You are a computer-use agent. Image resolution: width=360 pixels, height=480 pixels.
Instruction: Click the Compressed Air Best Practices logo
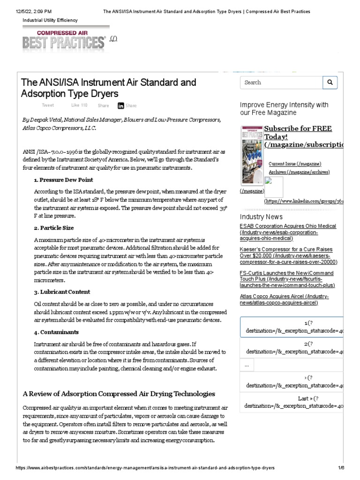point(64,40)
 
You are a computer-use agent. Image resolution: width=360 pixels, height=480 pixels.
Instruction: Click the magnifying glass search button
point(330,82)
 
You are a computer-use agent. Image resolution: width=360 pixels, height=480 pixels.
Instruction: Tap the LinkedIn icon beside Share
point(121,106)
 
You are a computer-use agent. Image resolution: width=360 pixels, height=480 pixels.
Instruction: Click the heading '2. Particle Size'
point(54,228)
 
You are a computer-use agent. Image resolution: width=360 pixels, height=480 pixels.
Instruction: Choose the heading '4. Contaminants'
point(56,332)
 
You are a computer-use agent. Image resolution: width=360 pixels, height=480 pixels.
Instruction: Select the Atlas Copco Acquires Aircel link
point(284,300)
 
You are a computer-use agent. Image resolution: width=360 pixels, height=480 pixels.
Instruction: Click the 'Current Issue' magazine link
point(295,164)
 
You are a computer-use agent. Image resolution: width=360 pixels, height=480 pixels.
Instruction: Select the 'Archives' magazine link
point(299,172)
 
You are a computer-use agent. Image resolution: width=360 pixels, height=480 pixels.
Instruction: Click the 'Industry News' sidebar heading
point(261,217)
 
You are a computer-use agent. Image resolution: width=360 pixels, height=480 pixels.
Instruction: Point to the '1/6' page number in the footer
point(341,468)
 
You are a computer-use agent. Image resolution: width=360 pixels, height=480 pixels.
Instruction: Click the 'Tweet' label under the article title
point(48,105)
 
